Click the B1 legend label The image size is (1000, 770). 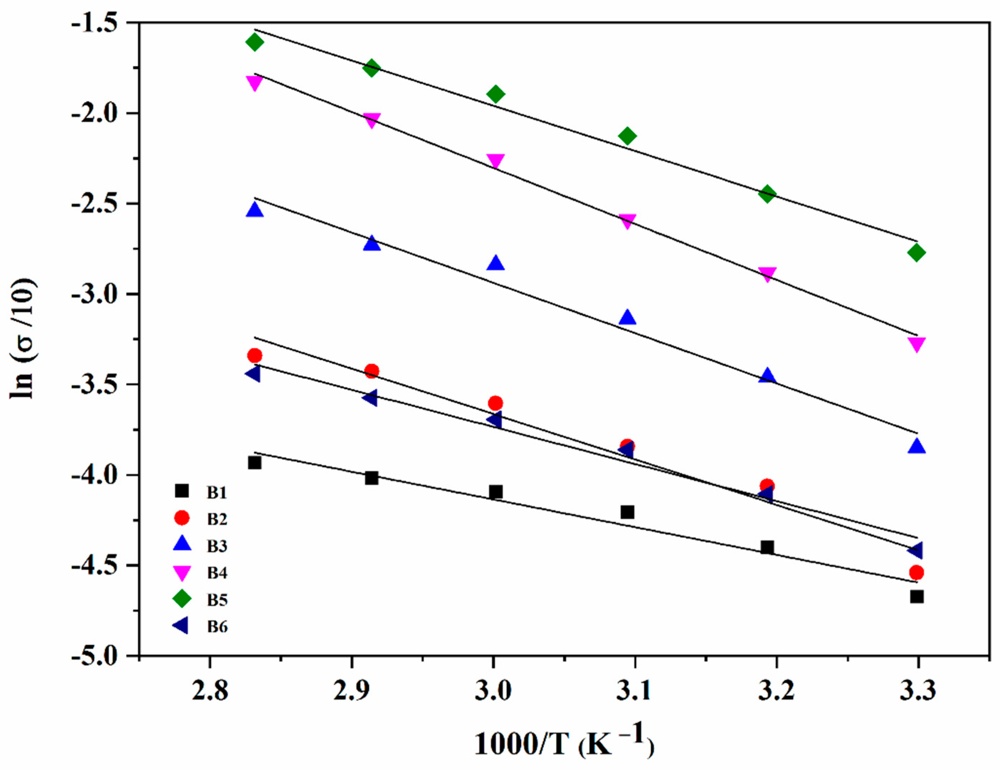click(x=216, y=493)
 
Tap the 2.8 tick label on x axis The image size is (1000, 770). click(x=210, y=691)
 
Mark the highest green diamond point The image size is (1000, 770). click(x=255, y=42)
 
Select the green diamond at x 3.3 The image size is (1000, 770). click(x=916, y=253)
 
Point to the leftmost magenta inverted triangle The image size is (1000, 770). click(x=254, y=82)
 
